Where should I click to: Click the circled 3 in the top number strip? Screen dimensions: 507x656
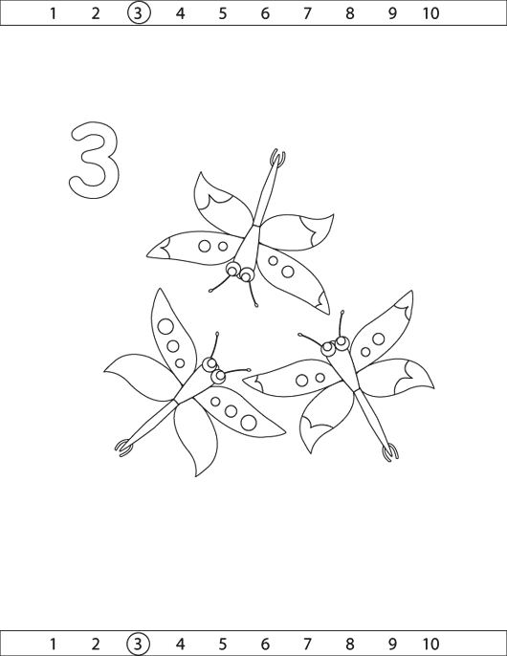coord(139,13)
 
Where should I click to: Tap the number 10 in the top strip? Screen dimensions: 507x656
coord(430,13)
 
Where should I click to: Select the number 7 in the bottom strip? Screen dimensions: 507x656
coord(308,643)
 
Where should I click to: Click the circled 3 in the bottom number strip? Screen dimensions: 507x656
coord(138,643)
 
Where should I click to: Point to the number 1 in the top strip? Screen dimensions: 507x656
coord(53,13)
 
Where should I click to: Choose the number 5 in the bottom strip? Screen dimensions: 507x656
coord(223,643)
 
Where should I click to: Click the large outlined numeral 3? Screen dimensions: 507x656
coord(95,160)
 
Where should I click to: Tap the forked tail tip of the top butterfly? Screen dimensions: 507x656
coord(278,157)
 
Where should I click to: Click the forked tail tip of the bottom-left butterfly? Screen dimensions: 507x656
coord(124,447)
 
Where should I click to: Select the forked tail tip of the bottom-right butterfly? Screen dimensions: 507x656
coord(390,453)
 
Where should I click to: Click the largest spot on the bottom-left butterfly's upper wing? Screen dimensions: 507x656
coord(165,327)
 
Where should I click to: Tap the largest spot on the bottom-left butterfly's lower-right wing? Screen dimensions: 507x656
coord(249,422)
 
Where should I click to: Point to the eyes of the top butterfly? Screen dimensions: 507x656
coord(239,272)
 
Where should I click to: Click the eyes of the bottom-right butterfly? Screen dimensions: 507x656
coord(336,344)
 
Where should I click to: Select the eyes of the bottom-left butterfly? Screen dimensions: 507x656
coord(214,370)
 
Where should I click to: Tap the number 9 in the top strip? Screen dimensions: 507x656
coord(392,13)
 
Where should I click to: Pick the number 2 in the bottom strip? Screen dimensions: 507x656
coord(96,643)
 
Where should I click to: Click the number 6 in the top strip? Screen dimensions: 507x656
coord(265,13)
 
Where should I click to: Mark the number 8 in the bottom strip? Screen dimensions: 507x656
coord(349,643)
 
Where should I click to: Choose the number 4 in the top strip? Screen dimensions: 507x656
coord(180,13)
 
